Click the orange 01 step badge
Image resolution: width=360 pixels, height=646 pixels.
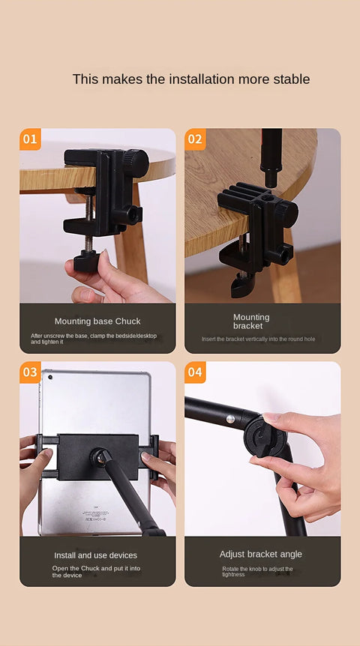[30, 139]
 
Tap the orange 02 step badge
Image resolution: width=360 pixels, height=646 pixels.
[195, 139]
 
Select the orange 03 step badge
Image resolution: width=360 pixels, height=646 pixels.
[30, 372]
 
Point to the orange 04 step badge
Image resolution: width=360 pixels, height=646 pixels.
[195, 372]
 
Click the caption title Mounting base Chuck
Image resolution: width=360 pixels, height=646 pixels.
[97, 322]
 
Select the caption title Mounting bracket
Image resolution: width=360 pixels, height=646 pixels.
[250, 322]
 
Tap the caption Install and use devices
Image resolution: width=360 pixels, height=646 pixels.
[95, 555]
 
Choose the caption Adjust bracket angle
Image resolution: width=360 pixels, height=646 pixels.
[261, 555]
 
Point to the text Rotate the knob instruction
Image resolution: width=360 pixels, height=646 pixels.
[257, 572]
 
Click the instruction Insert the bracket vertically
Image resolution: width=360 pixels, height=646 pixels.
[258, 339]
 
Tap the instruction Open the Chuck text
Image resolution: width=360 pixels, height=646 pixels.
[96, 572]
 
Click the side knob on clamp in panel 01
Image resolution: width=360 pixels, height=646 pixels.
[134, 216]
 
